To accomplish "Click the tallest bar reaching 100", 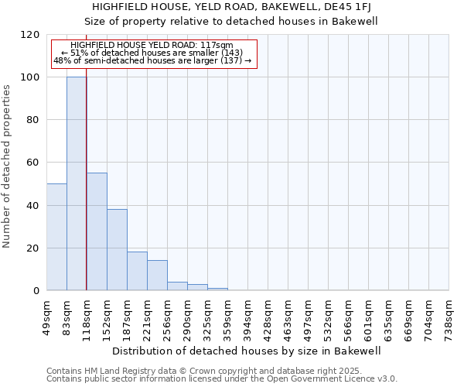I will tap(76, 184).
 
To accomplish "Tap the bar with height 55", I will tap(97, 231).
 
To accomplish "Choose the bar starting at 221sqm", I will tap(157, 276).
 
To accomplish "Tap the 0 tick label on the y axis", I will tap(35, 291).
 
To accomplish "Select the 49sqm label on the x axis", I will tap(46, 314).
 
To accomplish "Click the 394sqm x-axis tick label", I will tap(247, 316).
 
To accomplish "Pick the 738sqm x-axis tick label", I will tap(449, 316).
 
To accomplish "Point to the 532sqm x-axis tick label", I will tap(328, 316).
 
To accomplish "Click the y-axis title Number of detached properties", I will tap(8, 166).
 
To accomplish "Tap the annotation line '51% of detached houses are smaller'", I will tap(152, 53).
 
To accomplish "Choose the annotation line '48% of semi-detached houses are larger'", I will tap(152, 60).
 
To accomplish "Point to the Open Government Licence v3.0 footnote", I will tap(222, 378).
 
